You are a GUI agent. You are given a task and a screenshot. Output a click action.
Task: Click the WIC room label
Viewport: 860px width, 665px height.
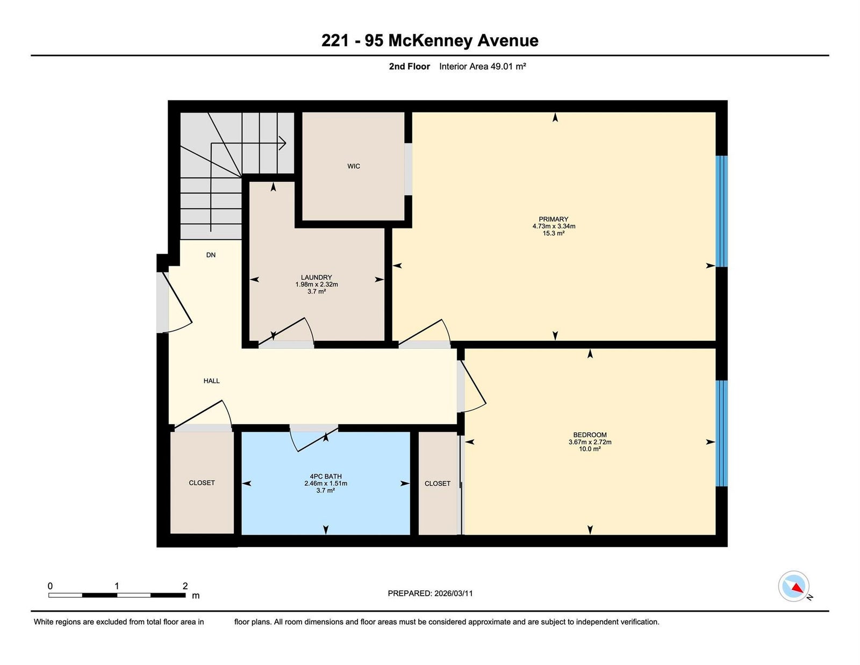[354, 166]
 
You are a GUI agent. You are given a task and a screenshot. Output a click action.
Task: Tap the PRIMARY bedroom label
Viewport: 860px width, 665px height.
[553, 219]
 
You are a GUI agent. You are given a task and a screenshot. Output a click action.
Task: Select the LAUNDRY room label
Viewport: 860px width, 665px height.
[316, 277]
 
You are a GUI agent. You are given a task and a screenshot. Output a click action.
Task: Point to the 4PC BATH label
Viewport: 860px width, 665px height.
[325, 477]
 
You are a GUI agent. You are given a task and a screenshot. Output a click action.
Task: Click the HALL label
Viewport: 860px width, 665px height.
[211, 381]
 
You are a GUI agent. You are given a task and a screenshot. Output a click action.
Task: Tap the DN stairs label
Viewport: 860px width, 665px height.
[211, 255]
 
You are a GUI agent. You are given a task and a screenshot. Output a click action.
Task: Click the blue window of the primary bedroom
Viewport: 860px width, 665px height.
[721, 211]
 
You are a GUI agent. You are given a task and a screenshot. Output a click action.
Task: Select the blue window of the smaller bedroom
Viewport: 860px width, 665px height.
[721, 433]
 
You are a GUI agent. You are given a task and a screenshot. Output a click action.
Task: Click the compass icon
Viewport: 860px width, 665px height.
[793, 586]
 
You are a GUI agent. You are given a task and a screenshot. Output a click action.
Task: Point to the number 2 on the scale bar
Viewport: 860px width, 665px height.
[185, 586]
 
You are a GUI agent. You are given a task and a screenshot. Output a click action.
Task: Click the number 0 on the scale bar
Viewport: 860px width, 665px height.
[51, 586]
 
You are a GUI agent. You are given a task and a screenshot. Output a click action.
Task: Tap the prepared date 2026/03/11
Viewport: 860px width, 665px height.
[454, 594]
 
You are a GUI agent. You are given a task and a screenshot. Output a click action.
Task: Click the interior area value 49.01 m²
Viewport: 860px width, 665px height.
[508, 66]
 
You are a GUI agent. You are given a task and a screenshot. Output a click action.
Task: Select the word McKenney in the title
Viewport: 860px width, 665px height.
[430, 41]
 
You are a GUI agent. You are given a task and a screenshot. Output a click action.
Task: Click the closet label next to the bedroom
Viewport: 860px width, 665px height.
[438, 483]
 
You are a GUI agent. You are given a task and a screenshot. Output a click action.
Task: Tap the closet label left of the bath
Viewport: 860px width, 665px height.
[202, 483]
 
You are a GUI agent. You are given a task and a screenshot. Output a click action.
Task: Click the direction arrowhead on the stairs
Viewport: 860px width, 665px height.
[283, 143]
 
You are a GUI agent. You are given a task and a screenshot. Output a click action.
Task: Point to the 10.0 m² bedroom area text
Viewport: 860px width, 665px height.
[590, 449]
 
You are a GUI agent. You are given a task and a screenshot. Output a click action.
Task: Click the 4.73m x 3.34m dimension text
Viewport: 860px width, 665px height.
[554, 226]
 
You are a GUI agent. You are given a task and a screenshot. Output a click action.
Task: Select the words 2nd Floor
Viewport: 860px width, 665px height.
[409, 66]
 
